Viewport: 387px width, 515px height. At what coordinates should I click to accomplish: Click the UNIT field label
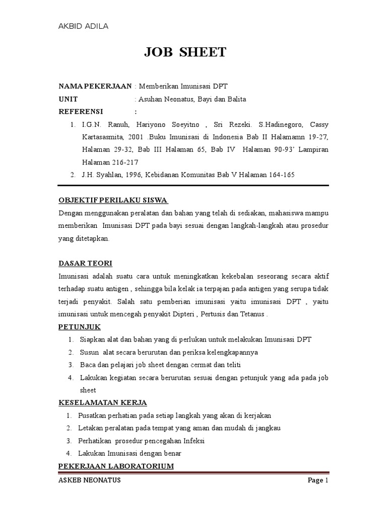pos(68,99)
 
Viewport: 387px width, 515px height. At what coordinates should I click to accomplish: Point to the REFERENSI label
pos(81,112)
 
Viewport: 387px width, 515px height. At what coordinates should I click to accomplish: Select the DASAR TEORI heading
pos(85,264)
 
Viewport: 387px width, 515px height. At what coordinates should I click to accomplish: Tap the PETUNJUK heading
pos(80,327)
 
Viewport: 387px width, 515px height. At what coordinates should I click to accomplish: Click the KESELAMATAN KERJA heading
pos(103,403)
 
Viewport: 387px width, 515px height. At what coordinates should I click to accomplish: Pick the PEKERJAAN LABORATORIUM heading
pos(116,466)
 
